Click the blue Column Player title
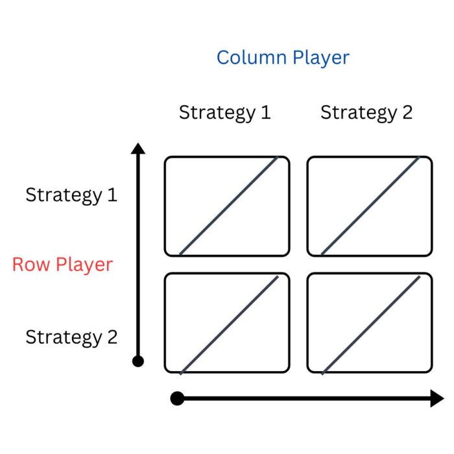[x=283, y=58]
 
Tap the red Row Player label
[x=62, y=265]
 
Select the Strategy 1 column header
[x=224, y=113]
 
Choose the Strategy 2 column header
[x=366, y=113]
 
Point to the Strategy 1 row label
[x=71, y=195]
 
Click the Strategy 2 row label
[x=71, y=337]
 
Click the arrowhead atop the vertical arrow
[x=137, y=149]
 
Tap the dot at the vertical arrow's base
[x=137, y=361]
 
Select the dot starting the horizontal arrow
[x=177, y=398]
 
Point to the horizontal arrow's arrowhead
[x=437, y=398]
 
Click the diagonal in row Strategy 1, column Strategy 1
[x=228, y=206]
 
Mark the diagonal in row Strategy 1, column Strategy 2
[x=370, y=206]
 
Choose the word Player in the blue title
[x=320, y=58]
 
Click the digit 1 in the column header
[x=265, y=113]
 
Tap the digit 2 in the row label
[x=112, y=337]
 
